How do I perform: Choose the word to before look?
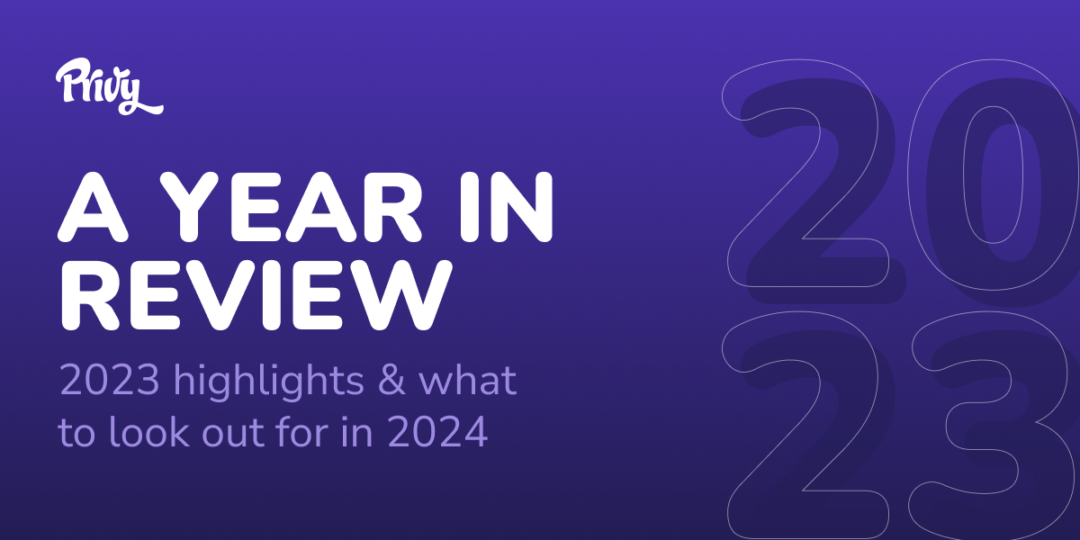(x=76, y=434)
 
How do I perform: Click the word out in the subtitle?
(x=235, y=434)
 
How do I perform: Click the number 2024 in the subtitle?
(x=438, y=433)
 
